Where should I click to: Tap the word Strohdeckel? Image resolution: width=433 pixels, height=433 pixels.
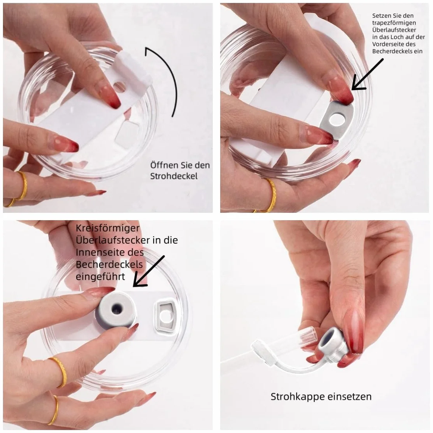[174, 176]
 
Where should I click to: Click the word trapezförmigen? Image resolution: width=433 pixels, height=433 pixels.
[394, 23]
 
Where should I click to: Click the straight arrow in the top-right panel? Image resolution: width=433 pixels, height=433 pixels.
[367, 74]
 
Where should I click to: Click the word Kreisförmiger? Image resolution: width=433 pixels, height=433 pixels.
[108, 228]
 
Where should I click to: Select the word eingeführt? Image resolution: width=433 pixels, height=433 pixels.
[100, 277]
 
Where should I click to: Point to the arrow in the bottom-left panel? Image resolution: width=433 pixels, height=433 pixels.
[149, 271]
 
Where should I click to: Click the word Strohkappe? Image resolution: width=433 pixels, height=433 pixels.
[298, 397]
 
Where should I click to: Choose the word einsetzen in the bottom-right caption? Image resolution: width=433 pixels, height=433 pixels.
[349, 397]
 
